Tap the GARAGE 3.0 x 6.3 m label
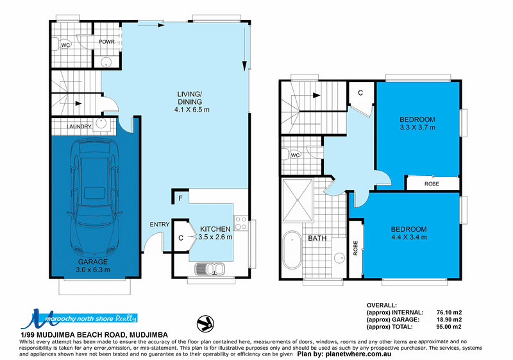tap(92, 266)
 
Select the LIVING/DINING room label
tap(192, 102)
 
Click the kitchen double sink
tap(210, 269)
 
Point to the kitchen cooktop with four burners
tap(240, 223)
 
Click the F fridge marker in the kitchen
tap(181, 198)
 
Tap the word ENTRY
tap(160, 224)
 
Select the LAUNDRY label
tap(79, 126)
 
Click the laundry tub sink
tap(101, 124)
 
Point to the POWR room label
tap(106, 42)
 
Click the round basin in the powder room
tap(106, 62)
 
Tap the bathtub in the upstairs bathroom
tap(292, 250)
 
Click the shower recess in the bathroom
tap(298, 200)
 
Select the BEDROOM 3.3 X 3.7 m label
tap(417, 123)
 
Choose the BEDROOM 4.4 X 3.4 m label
tap(408, 233)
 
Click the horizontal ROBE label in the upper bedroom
tap(432, 184)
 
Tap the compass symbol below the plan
tap(205, 323)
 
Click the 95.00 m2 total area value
tap(449, 327)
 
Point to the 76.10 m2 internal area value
tap(449, 313)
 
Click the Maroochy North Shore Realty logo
tap(78, 318)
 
